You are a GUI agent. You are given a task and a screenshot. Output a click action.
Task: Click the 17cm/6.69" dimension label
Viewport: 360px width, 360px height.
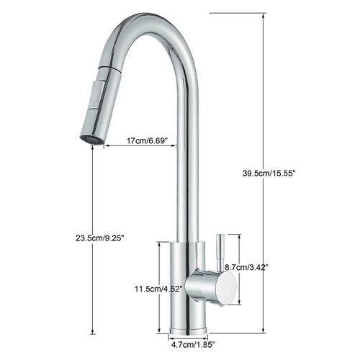pos(149,142)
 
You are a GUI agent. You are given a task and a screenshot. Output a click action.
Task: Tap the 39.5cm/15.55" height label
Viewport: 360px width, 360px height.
pos(270,173)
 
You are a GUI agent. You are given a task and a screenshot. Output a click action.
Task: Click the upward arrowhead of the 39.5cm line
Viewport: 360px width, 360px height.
pos(262,15)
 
